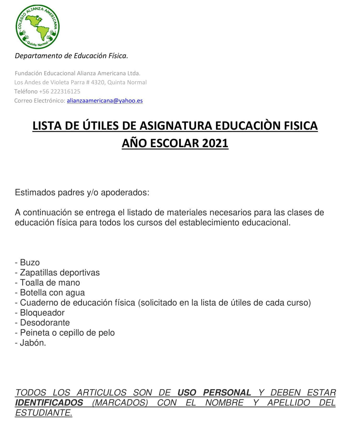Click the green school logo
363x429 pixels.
pyautogui.click(x=37, y=27)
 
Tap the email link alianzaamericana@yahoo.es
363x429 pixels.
pyautogui.click(x=105, y=101)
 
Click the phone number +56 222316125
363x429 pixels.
pyautogui.click(x=60, y=91)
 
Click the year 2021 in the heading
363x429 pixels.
pyautogui.click(x=215, y=143)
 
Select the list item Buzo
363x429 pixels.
pyautogui.click(x=30, y=262)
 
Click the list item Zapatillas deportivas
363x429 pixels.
pyautogui.click(x=60, y=273)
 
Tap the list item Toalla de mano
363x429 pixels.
pyautogui.click(x=50, y=283)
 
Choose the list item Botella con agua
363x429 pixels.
pyautogui.click(x=52, y=293)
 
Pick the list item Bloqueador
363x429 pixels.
pyautogui.click(x=42, y=313)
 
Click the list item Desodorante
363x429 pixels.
pyautogui.click(x=45, y=323)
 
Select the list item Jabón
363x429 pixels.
pyautogui.click(x=33, y=343)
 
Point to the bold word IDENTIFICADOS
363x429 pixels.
pyautogui.click(x=49, y=403)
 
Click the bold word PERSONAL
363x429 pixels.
pyautogui.click(x=227, y=393)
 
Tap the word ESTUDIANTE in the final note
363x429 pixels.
pyautogui.click(x=43, y=413)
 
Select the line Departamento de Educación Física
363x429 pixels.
pyautogui.click(x=71, y=56)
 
